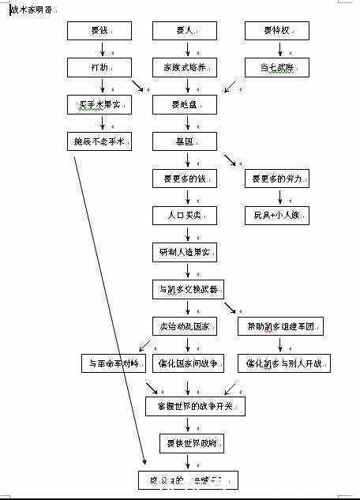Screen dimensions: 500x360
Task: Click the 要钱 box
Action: coord(99,31)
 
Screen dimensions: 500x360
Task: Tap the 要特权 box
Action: coord(276,31)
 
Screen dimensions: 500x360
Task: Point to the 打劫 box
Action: coord(99,67)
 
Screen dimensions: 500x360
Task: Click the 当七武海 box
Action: coord(276,67)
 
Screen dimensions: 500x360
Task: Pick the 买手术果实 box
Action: coord(99,104)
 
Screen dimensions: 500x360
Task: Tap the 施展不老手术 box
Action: coord(99,141)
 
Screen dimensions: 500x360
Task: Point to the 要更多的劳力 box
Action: coord(276,179)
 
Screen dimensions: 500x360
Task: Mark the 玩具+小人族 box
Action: coord(276,215)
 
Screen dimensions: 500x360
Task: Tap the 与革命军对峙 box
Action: coord(114,363)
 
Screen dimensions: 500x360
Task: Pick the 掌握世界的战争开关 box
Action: coord(195,406)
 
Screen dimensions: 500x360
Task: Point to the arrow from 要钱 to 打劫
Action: coord(99,49)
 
